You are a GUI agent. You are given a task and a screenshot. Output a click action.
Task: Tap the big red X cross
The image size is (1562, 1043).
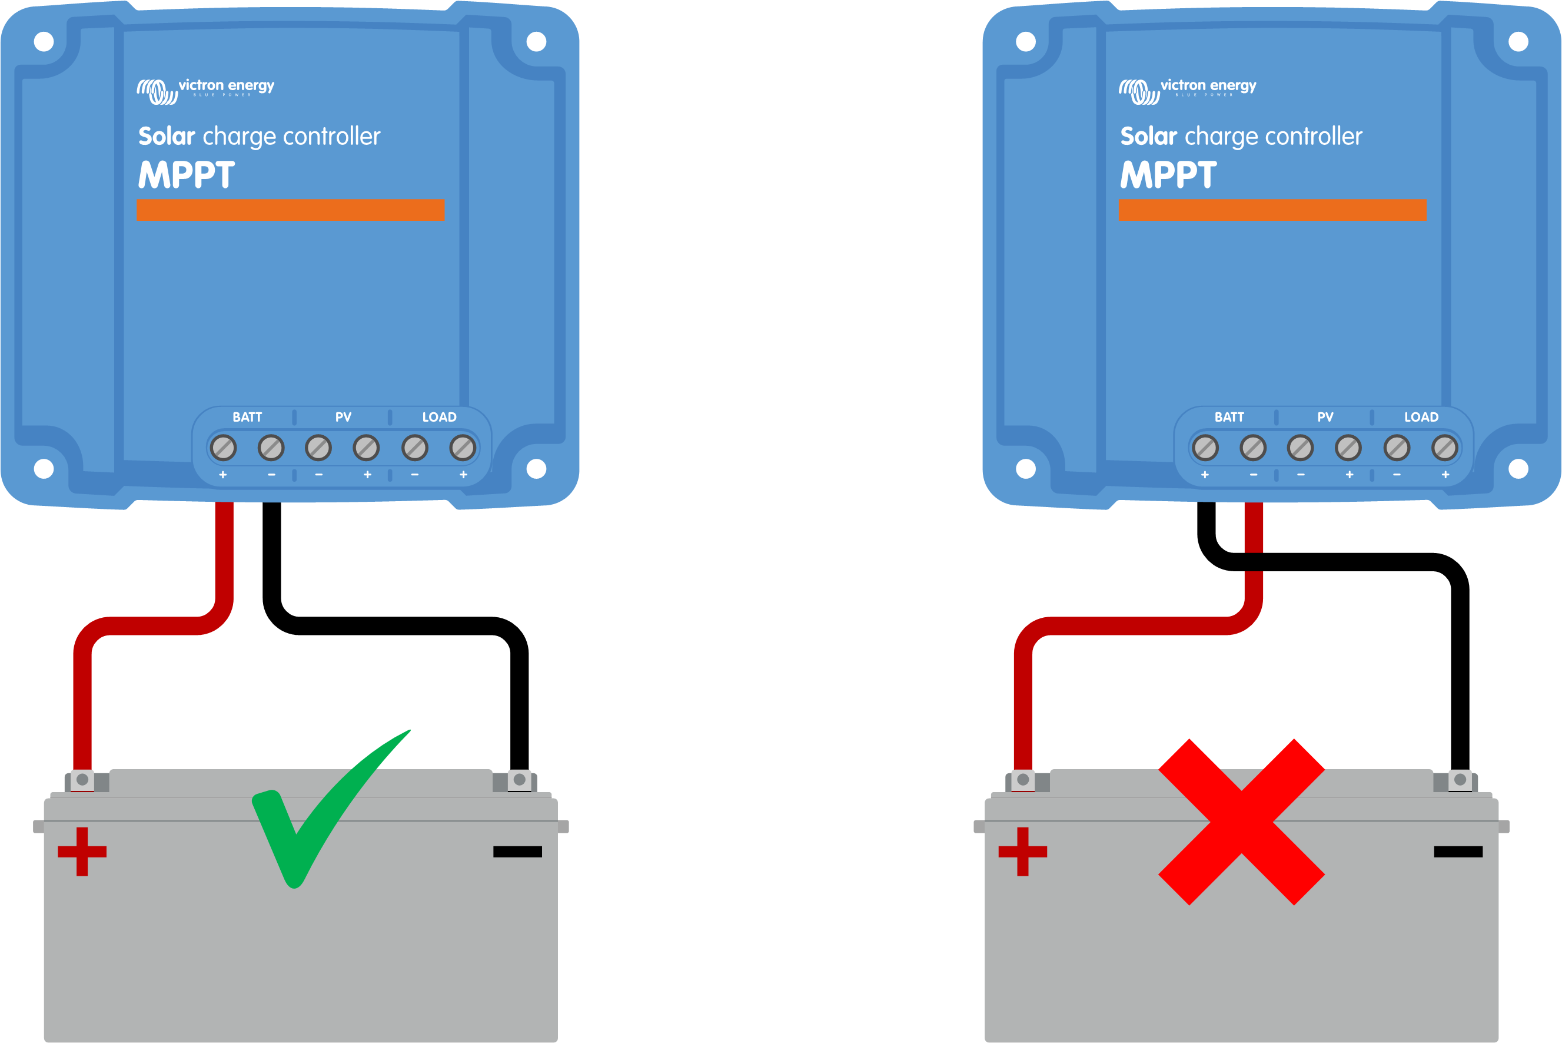pyautogui.click(x=1241, y=822)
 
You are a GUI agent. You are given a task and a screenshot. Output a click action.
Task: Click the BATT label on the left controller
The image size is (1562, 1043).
pyautogui.click(x=247, y=417)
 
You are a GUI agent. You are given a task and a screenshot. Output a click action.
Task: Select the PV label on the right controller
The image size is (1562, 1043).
pyautogui.click(x=1325, y=417)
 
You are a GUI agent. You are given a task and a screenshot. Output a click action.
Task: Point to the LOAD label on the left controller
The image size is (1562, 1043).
pyautogui.click(x=440, y=417)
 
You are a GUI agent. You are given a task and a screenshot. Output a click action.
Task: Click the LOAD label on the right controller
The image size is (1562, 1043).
pyautogui.click(x=1421, y=417)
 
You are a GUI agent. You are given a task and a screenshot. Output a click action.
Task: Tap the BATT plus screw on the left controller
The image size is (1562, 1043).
pyautogui.click(x=223, y=448)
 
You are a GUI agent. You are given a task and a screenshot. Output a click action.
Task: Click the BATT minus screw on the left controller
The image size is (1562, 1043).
pyautogui.click(x=271, y=448)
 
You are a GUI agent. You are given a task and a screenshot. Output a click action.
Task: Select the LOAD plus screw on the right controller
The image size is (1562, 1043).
pyautogui.click(x=1445, y=448)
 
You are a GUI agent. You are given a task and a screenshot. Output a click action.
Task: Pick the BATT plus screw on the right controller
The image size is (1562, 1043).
pyautogui.click(x=1205, y=448)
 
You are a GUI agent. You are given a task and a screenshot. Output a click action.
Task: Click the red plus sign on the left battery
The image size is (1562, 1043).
pyautogui.click(x=82, y=852)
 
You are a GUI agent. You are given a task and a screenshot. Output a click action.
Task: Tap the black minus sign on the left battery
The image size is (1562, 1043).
pyautogui.click(x=517, y=852)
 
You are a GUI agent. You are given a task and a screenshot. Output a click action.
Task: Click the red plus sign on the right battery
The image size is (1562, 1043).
pyautogui.click(x=1022, y=852)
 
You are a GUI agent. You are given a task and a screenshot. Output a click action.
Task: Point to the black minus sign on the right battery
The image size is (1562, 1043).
pyautogui.click(x=1458, y=852)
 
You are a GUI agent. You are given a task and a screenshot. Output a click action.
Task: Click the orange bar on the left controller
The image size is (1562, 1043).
pyautogui.click(x=291, y=210)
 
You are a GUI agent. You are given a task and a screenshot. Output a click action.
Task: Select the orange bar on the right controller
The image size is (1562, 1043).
pyautogui.click(x=1272, y=210)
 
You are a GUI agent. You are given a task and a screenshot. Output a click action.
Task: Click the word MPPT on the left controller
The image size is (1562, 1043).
pyautogui.click(x=186, y=174)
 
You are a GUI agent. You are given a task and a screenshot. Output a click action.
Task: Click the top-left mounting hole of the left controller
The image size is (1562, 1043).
pyautogui.click(x=44, y=42)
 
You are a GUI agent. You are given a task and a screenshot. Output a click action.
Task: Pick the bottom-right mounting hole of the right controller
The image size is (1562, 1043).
pyautogui.click(x=1518, y=469)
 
